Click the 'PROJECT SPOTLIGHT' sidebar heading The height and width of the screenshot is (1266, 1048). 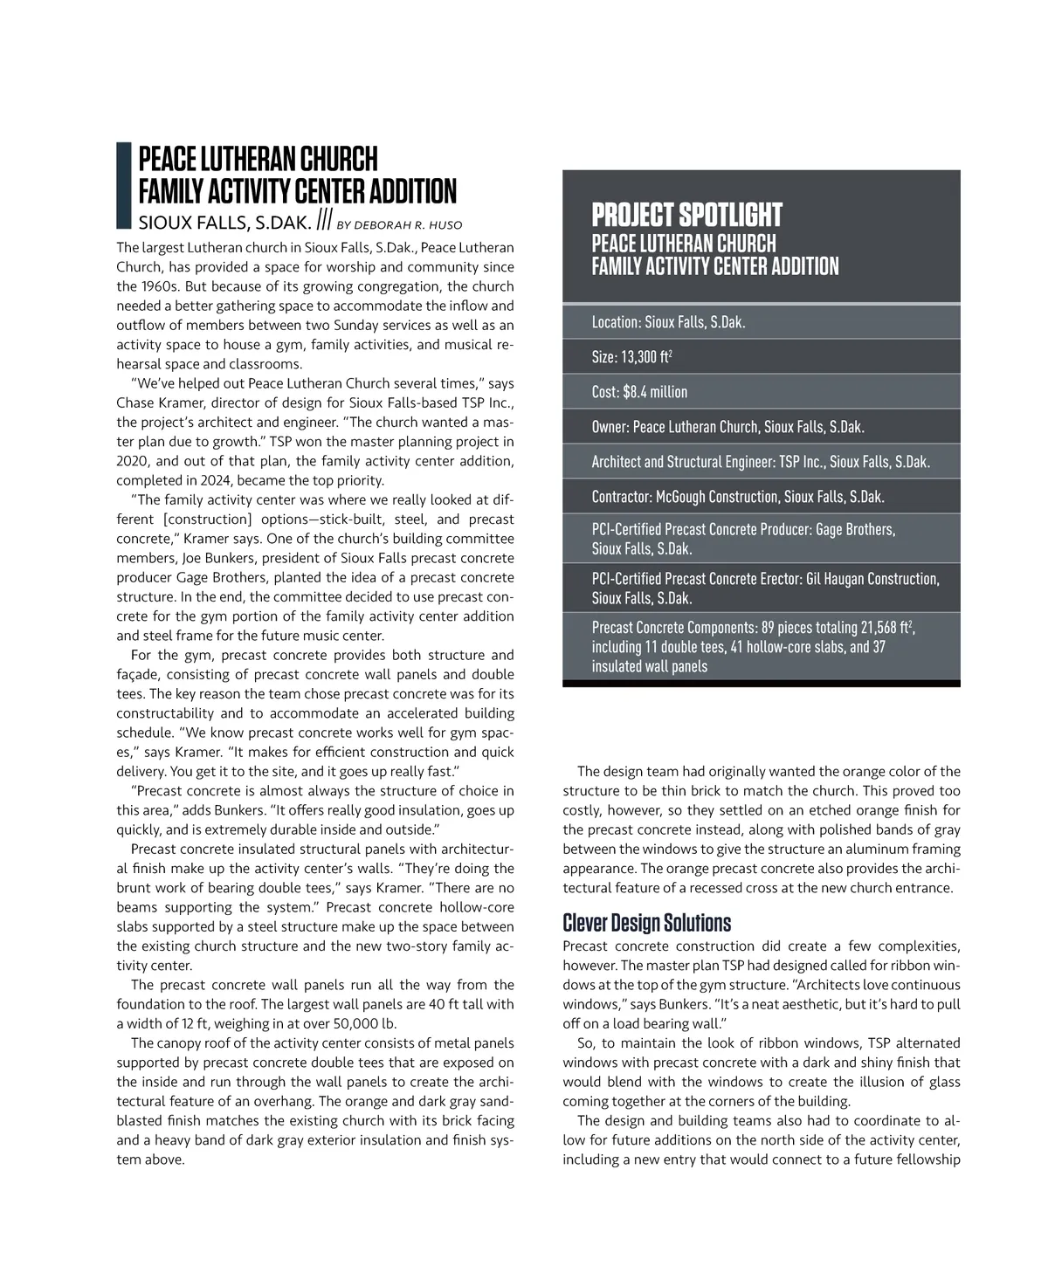686,215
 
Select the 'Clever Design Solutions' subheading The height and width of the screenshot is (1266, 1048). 646,923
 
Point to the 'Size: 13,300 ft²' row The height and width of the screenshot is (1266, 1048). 631,357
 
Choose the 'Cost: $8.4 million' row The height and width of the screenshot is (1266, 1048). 639,392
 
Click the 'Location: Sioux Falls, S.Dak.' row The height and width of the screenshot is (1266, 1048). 668,322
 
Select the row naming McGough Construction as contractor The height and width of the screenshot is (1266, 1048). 738,497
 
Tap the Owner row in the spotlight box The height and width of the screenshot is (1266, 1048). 727,427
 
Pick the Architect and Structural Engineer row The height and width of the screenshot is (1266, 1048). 760,462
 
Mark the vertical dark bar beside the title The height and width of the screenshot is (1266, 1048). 123,184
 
